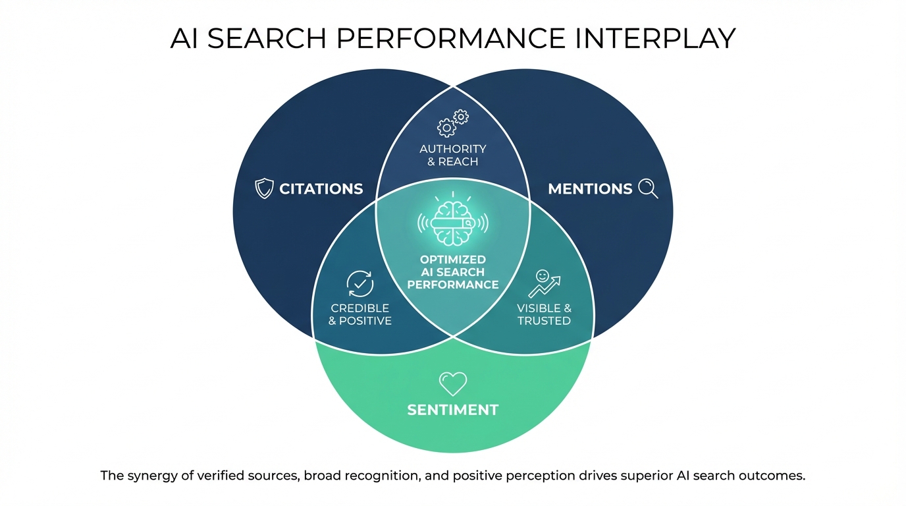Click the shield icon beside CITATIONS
point(263,189)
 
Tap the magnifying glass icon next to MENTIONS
point(648,189)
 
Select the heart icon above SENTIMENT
point(452,383)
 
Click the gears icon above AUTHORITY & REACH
point(453,123)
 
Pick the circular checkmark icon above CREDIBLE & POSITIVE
point(360,284)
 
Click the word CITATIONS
point(321,189)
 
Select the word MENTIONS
point(590,189)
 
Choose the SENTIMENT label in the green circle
point(452,410)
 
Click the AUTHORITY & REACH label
point(453,155)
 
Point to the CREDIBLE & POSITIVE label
point(360,314)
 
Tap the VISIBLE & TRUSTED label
point(544,314)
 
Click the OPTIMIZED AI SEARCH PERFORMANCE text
point(453,272)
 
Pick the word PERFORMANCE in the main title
point(451,38)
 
